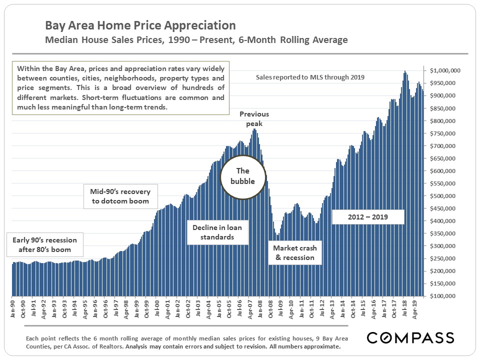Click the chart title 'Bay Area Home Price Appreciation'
pos(140,25)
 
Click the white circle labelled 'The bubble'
pos(242,176)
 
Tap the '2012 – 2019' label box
pos(367,217)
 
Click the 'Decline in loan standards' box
pos(217,232)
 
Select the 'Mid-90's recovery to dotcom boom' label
pos(120,196)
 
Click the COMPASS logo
pos(410,337)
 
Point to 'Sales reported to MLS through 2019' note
pos(310,77)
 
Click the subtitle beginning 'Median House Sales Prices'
pos(196,40)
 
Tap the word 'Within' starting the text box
pos(27,68)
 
